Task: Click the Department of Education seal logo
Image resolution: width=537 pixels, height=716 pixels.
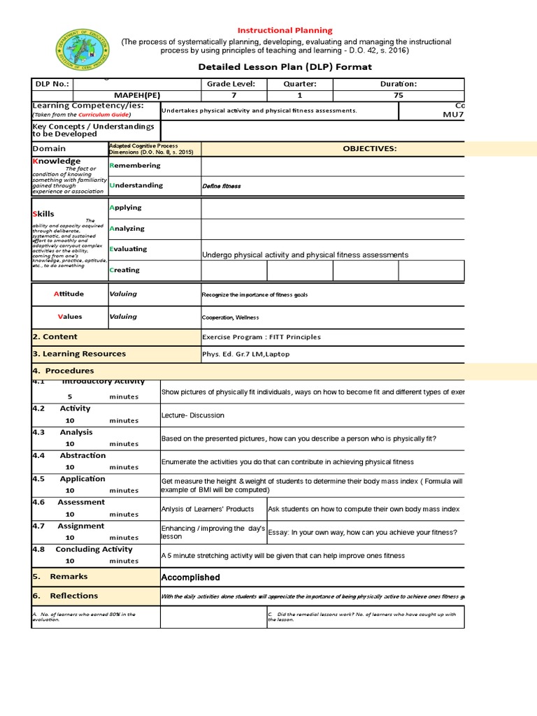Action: [x=83, y=50]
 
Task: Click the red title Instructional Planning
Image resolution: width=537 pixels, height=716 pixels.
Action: [x=285, y=31]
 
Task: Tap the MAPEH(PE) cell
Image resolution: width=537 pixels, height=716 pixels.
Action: [x=136, y=95]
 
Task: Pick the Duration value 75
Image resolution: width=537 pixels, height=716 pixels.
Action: [x=398, y=95]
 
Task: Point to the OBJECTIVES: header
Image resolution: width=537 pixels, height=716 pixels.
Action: [x=370, y=149]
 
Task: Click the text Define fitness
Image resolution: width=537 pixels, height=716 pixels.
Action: [x=221, y=187]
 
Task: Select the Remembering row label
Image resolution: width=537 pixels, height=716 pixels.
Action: [x=135, y=166]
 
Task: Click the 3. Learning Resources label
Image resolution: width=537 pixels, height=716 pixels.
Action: [x=79, y=354]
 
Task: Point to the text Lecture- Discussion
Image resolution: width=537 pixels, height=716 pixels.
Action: [x=193, y=415]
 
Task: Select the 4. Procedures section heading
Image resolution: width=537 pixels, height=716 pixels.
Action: [x=63, y=371]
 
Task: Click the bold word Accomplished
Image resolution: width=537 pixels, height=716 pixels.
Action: [x=190, y=578]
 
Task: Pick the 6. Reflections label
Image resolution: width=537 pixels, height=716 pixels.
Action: [x=66, y=596]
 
